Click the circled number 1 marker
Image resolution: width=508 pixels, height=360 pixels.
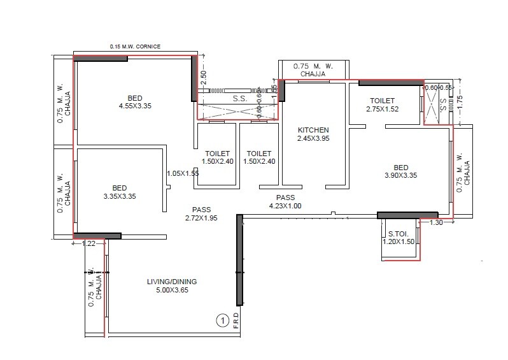coord(222,320)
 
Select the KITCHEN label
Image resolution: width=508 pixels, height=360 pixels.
coord(314,129)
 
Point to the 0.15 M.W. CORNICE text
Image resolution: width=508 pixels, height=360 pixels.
coord(135,47)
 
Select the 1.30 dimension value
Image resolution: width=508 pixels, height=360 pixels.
coord(436,223)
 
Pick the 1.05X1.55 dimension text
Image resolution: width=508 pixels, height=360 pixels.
coord(181,173)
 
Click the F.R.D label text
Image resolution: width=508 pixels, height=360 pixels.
coord(236,320)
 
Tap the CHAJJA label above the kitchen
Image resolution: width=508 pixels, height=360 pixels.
coord(313,75)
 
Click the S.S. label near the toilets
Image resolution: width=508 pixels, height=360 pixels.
coord(239,99)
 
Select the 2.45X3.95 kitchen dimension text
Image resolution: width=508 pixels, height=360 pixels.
coord(314,138)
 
